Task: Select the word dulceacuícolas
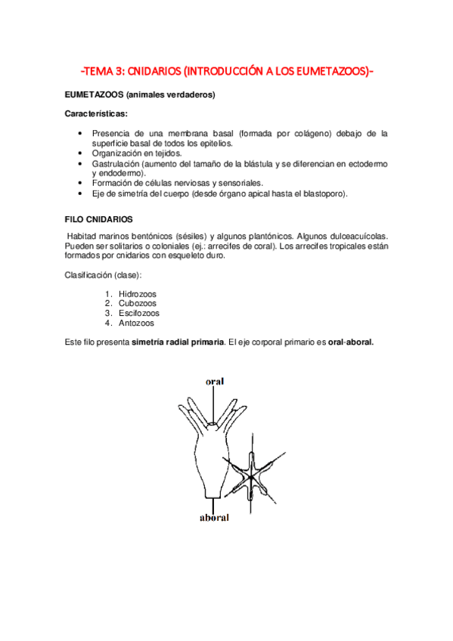[356, 236]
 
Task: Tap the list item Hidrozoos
[138, 293]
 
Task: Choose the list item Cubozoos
[137, 303]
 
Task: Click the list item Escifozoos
[138, 313]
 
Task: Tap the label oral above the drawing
[215, 382]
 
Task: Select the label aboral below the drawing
[214, 519]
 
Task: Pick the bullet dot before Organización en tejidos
[81, 153]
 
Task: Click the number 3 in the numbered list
[109, 313]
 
